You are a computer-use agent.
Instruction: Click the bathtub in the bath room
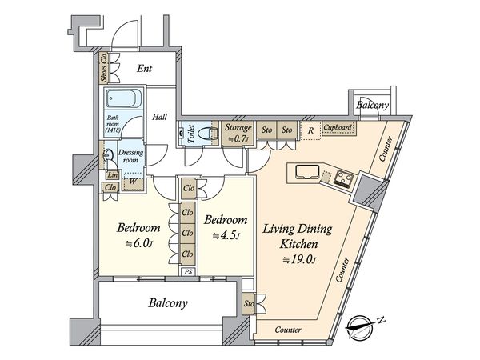pos(123,98)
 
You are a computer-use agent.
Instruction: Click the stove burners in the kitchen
pos(343,178)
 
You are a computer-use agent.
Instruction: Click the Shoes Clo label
pos(104,68)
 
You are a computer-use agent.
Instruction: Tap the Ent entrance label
pos(144,68)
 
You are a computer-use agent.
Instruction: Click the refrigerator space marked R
pos(310,130)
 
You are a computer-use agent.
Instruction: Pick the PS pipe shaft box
pos(188,271)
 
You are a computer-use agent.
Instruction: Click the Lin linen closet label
pos(113,174)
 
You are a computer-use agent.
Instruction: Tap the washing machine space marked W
pos(133,182)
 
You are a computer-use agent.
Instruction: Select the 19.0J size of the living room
pos(299,260)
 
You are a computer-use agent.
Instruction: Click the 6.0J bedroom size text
pos(139,243)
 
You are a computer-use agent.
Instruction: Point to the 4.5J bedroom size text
pos(226,235)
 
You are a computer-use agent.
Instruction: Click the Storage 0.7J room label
pos(238,133)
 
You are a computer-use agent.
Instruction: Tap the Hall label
pos(160,117)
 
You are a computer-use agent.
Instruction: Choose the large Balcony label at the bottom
pos(168,303)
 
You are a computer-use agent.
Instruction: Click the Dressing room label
pos(130,156)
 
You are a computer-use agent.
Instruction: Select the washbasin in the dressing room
pos(109,155)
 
